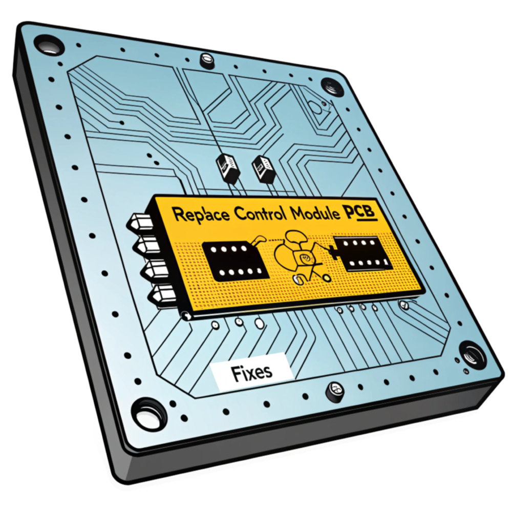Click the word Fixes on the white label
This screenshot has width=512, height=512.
251,372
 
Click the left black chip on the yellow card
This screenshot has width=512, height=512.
235,260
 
